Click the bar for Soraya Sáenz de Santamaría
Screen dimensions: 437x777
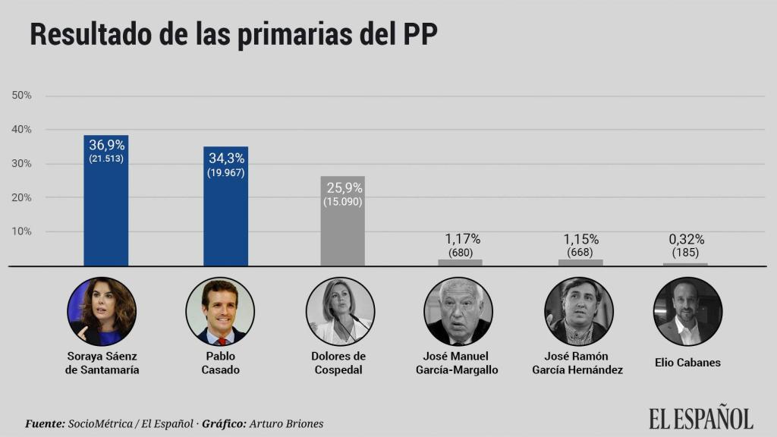pyautogui.click(x=105, y=205)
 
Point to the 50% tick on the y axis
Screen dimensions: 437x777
pyautogui.click(x=22, y=96)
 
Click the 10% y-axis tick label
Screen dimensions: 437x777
pyautogui.click(x=22, y=231)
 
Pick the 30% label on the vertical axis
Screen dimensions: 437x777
pyautogui.click(x=22, y=164)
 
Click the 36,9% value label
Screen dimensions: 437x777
pyautogui.click(x=106, y=146)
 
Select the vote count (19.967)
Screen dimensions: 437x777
pyautogui.click(x=225, y=172)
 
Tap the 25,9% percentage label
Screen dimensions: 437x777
pyautogui.click(x=344, y=187)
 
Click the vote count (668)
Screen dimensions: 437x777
pyautogui.click(x=580, y=253)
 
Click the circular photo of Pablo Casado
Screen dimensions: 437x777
pyautogui.click(x=220, y=311)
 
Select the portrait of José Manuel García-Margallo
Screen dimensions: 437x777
pyautogui.click(x=458, y=311)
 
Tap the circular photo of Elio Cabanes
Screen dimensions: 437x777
pyautogui.click(x=687, y=311)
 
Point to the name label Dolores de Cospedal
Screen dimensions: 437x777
pyautogui.click(x=338, y=363)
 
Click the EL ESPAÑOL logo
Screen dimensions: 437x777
pyautogui.click(x=700, y=418)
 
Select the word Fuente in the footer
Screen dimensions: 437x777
pyautogui.click(x=45, y=423)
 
